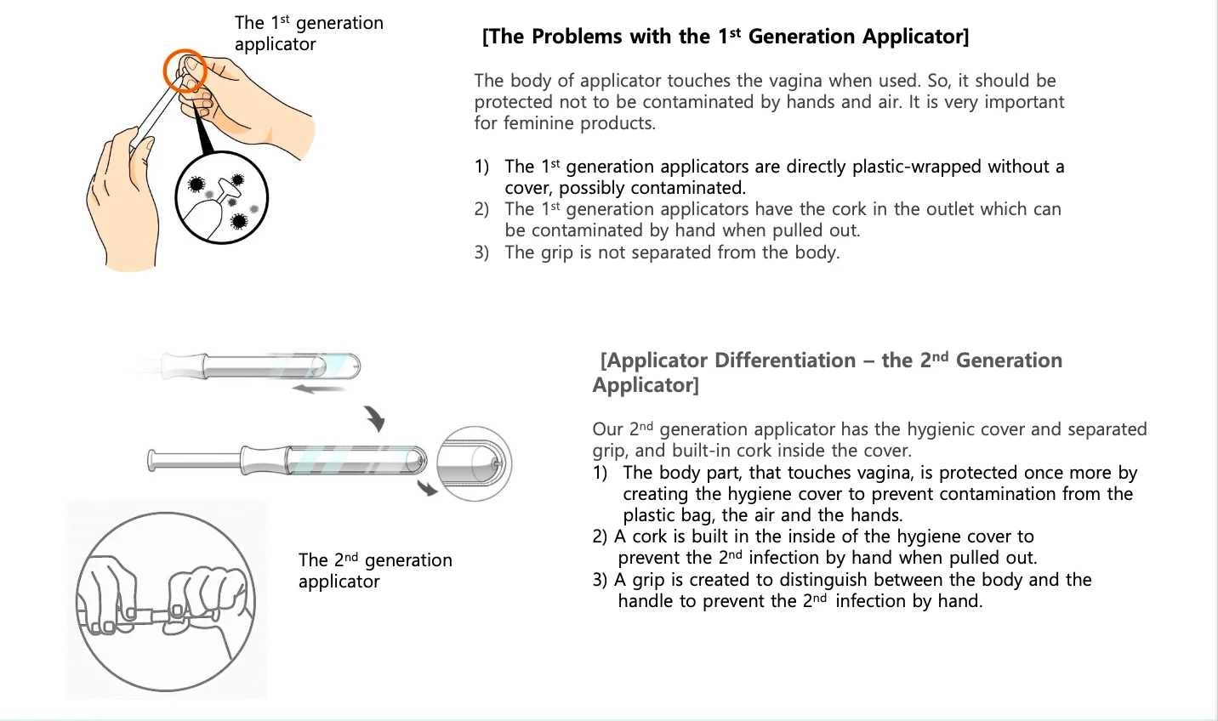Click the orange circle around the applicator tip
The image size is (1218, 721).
185,71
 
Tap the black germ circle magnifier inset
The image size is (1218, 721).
221,198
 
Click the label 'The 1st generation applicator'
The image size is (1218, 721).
309,33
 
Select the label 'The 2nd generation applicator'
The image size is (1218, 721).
375,571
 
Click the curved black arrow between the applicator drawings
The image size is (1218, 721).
375,417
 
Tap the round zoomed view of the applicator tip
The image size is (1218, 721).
474,463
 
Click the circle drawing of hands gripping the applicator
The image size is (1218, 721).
166,601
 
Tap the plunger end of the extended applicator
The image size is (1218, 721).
154,461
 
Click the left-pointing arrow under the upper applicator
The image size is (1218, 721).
318,389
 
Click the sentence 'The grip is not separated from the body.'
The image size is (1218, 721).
672,253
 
